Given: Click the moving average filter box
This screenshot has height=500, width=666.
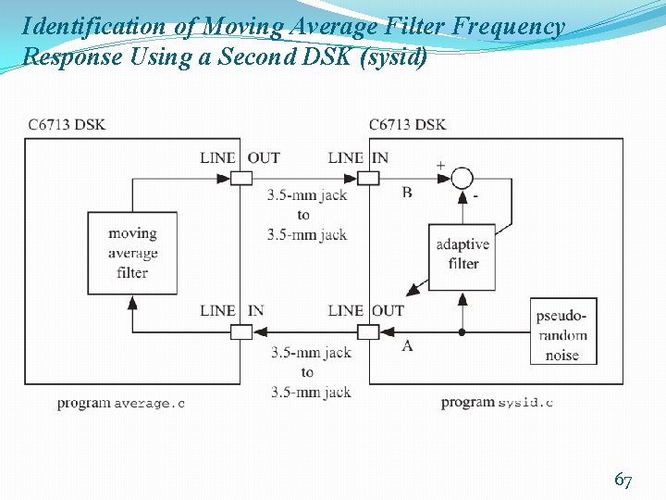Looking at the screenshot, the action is (132, 253).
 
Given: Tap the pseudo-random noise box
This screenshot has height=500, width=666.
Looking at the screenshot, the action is (562, 331).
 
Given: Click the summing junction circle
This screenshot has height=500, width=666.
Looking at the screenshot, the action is (462, 178).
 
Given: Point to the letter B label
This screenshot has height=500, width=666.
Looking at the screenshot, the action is (407, 192).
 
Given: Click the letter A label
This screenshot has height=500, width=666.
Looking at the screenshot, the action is (407, 345).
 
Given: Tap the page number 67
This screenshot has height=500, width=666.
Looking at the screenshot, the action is (623, 480).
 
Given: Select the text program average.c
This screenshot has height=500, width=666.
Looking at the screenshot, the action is (120, 403).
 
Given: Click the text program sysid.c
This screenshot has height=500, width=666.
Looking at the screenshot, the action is (497, 402).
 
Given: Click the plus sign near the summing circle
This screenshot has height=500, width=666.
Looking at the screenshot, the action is (440, 166).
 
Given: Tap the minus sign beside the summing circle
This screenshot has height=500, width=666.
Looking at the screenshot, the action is (475, 196).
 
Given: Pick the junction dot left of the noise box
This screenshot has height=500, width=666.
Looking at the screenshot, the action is (462, 331).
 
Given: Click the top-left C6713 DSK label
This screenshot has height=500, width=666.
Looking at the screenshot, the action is (67, 124).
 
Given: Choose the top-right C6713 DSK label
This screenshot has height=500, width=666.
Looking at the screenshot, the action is (407, 124).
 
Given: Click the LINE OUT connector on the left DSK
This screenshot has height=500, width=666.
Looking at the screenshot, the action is (240, 178).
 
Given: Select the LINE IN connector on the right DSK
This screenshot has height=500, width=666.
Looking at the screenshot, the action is (369, 178).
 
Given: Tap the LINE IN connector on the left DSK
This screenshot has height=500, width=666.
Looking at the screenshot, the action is (240, 331).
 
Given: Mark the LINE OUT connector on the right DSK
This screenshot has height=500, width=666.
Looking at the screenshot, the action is (369, 331).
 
